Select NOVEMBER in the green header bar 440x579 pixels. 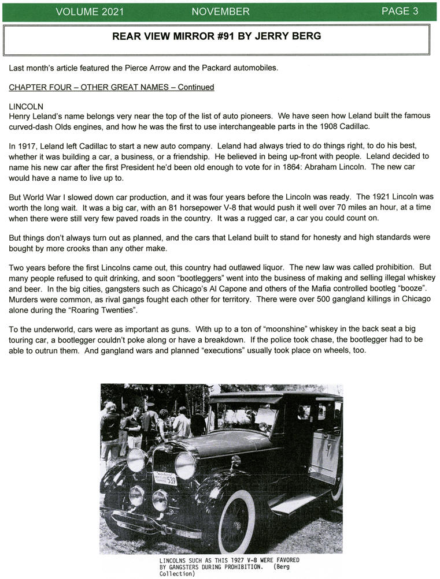[x=220, y=12]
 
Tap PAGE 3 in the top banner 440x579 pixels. [x=400, y=12]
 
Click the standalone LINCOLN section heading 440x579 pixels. [x=27, y=107]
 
